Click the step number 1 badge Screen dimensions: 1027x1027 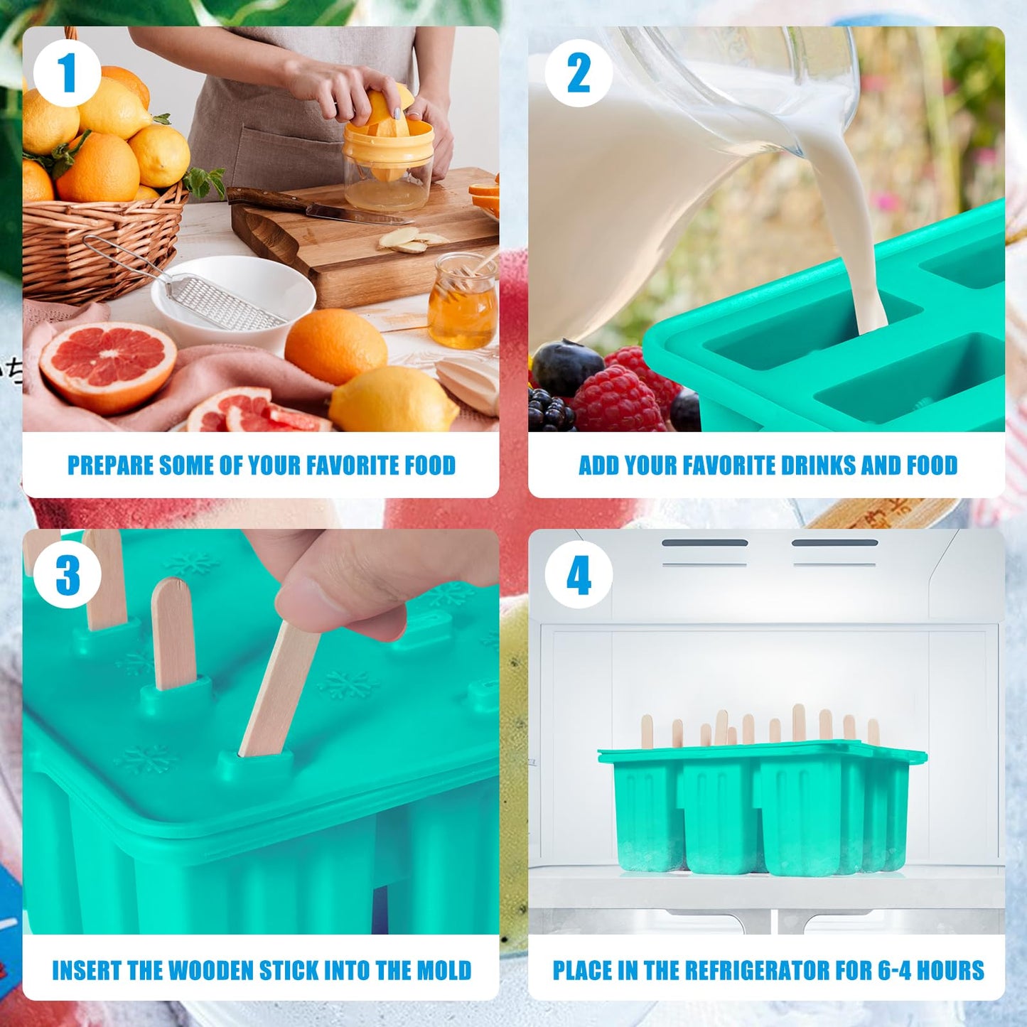point(67,73)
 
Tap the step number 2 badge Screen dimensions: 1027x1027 point(579,73)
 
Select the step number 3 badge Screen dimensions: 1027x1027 point(67,575)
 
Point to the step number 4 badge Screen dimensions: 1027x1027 point(579,575)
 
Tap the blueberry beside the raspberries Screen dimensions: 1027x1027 point(567,368)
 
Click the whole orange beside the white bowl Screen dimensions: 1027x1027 point(335,346)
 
